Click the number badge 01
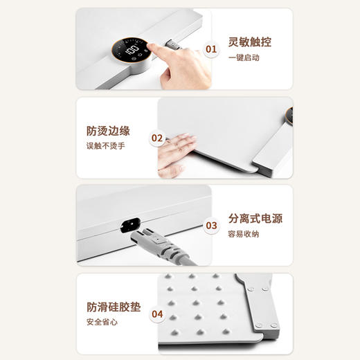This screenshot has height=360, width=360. point(212,49)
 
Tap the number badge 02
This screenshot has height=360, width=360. point(157,138)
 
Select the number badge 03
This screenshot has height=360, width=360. point(212,226)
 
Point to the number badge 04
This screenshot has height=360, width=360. point(157,314)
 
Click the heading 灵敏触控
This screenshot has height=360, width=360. point(250,42)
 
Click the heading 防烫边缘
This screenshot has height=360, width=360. point(108,130)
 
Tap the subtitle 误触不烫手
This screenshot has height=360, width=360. point(105,146)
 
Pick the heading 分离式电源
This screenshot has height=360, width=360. point(255,219)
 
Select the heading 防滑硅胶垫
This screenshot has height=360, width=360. point(114,307)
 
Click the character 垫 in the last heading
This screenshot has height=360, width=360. point(135,307)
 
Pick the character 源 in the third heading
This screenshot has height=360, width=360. point(277,219)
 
